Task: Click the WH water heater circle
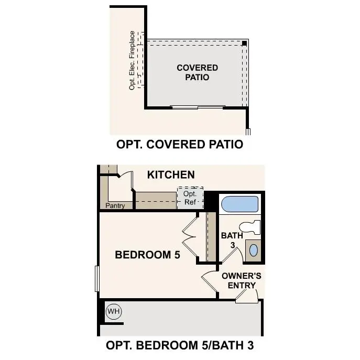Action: [x=114, y=312]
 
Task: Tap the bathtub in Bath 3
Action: [x=239, y=204]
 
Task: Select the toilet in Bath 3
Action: [x=252, y=227]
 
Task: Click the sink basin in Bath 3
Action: [x=253, y=249]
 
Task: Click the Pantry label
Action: [x=115, y=206]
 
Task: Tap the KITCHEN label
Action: [x=171, y=175]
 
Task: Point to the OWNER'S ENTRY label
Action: [x=242, y=280]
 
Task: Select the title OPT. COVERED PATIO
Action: [x=180, y=144]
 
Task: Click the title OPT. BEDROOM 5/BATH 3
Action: [x=180, y=345]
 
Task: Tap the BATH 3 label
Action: [x=232, y=240]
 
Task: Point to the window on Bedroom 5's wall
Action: [x=97, y=278]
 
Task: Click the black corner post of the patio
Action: [x=245, y=43]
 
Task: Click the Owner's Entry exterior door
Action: [x=246, y=297]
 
